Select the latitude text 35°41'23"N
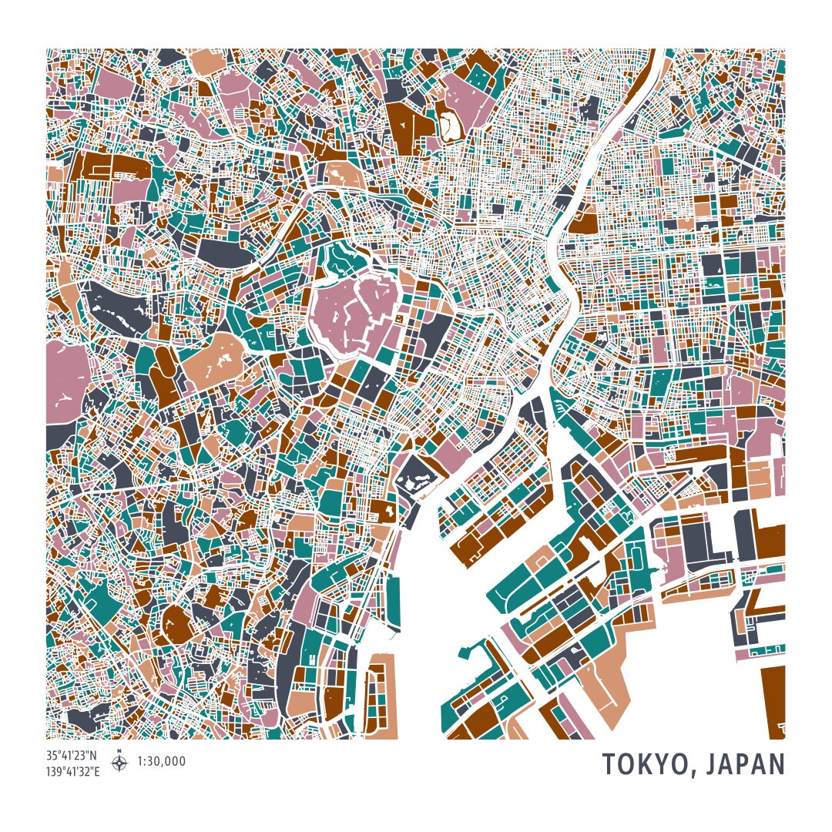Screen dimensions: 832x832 pyautogui.click(x=72, y=756)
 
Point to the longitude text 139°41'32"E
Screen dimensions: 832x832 pyautogui.click(x=73, y=770)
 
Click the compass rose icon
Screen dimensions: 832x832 pyautogui.click(x=119, y=763)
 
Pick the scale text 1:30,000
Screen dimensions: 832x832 pyautogui.click(x=162, y=762)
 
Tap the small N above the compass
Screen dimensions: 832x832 pyautogui.click(x=119, y=751)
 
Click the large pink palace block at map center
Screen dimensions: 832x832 pyautogui.click(x=357, y=312)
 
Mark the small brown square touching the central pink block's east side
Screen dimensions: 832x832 pyautogui.click(x=398, y=318)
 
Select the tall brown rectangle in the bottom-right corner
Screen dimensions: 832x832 pyautogui.click(x=773, y=701)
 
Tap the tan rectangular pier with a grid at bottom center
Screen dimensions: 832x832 pyautogui.click(x=381, y=693)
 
